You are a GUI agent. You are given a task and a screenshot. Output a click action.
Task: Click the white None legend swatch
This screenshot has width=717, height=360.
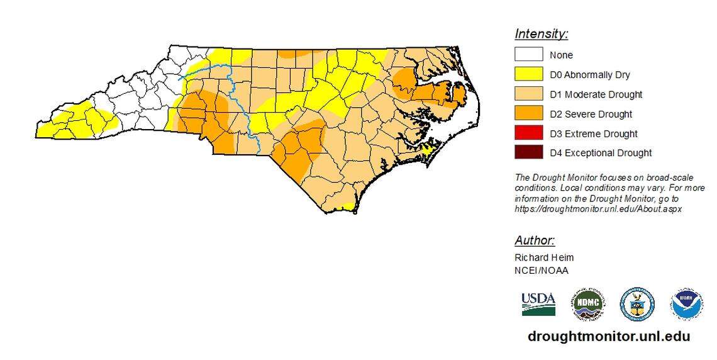coord(528,55)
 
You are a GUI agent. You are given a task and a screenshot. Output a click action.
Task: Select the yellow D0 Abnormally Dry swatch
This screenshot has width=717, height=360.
coord(528,74)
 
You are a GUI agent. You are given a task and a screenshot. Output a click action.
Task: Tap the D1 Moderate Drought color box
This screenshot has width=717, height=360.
coord(528,94)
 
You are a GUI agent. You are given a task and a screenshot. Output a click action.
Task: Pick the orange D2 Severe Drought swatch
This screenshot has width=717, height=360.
coord(528,113)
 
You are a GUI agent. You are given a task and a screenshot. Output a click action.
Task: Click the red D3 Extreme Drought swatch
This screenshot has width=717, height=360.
coord(528,133)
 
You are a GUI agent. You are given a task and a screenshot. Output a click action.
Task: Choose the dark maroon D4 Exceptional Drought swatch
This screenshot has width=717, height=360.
coord(528,152)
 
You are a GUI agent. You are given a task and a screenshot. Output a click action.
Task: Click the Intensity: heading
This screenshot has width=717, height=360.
coord(541,34)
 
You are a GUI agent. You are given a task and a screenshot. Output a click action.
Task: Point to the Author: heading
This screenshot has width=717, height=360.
coord(535,240)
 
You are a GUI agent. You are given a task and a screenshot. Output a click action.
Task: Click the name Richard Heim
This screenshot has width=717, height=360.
coord(544,257)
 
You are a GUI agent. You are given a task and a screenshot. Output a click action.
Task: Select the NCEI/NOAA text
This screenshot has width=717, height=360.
coord(541,271)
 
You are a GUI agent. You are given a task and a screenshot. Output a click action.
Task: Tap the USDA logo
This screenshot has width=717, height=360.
coord(538,304)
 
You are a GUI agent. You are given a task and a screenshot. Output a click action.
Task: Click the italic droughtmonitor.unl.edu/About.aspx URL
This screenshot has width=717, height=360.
coord(597,208)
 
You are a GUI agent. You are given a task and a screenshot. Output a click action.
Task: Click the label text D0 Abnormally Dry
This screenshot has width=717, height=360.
coord(589,75)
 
